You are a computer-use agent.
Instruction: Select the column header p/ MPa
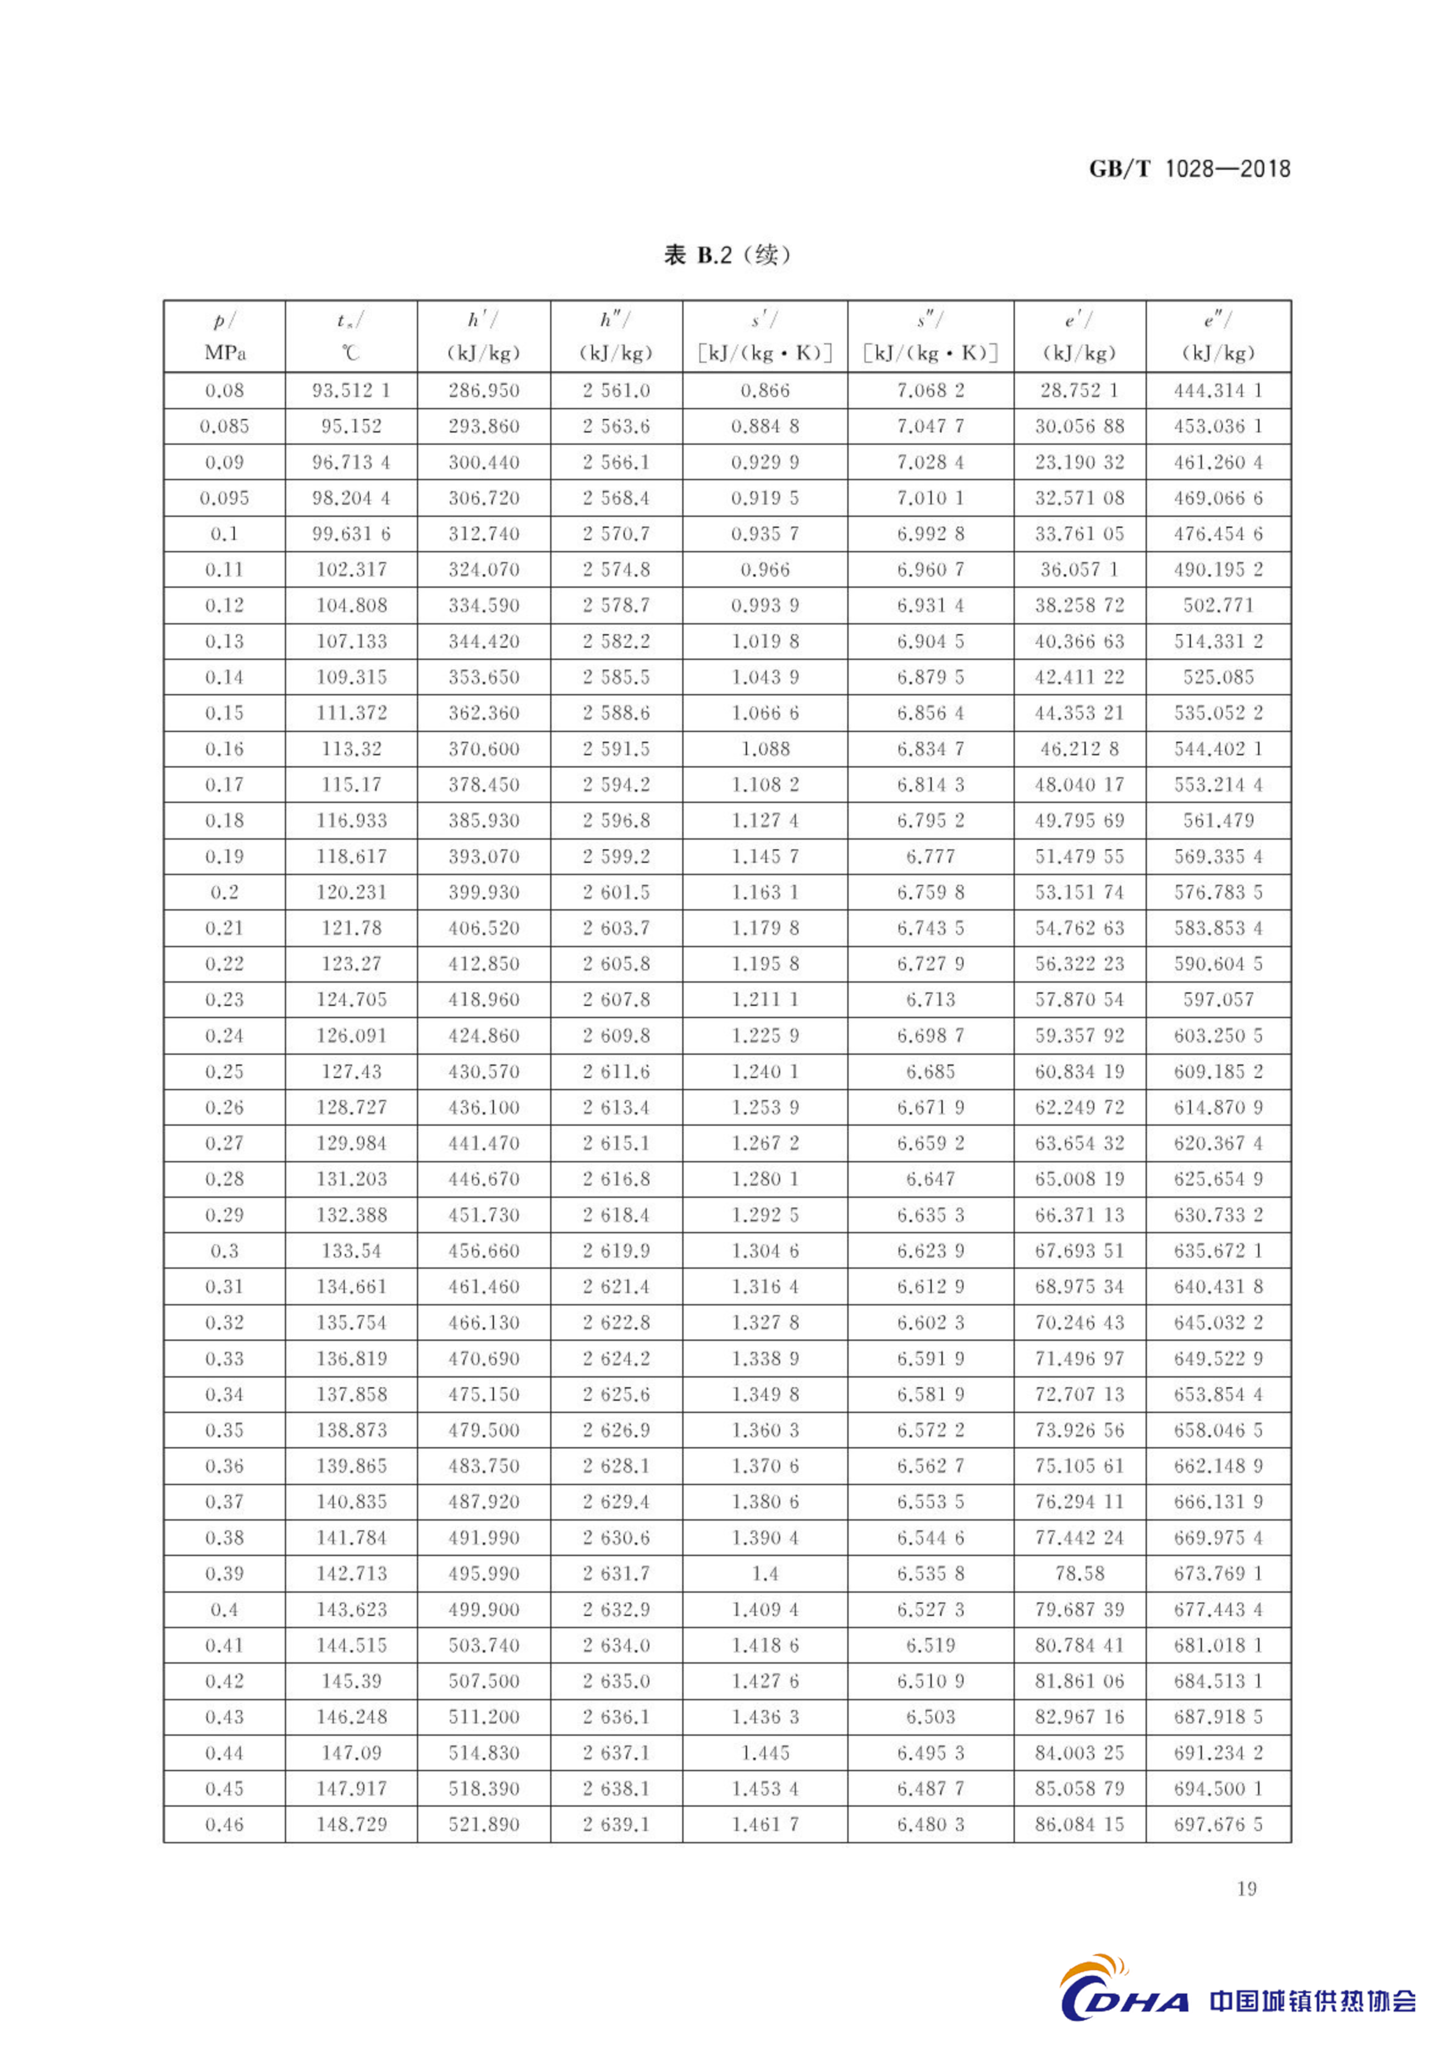224,336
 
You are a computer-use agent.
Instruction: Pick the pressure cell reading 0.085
224,426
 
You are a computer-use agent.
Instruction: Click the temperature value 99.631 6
351,534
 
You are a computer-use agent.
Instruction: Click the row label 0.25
224,1071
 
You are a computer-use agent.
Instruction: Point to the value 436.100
484,1107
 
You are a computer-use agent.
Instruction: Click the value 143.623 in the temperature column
351,1609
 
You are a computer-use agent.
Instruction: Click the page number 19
1246,1888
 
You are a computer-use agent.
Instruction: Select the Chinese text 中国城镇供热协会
1313,2001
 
